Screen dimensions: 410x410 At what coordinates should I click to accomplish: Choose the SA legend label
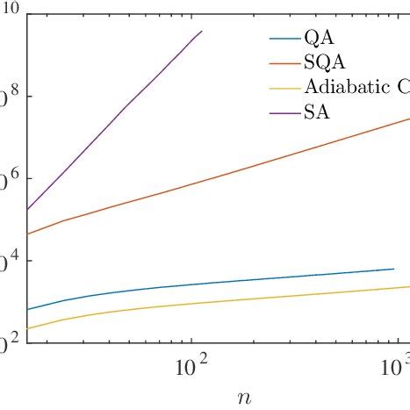[x=317, y=112]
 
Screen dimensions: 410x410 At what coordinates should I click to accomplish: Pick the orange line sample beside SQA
[x=284, y=62]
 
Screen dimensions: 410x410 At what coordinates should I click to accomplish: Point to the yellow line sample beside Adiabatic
[x=284, y=88]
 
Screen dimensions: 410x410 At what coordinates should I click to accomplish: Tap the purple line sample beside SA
[x=284, y=112]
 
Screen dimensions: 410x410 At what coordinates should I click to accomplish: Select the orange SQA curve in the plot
[x=219, y=175]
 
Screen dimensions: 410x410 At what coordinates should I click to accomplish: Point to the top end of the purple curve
[x=201, y=32]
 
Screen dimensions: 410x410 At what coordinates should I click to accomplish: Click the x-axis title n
[x=243, y=397]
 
